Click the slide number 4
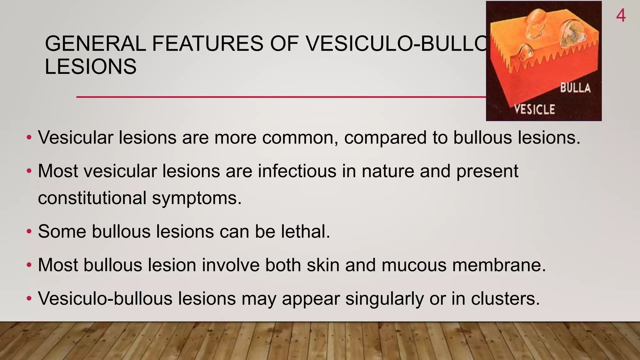pyautogui.click(x=621, y=15)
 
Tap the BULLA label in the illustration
pyautogui.click(x=575, y=88)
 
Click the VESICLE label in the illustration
pyautogui.click(x=535, y=109)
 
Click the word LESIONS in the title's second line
pyautogui.click(x=91, y=67)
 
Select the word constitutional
pyautogui.click(x=92, y=198)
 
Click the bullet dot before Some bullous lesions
pyautogui.click(x=29, y=232)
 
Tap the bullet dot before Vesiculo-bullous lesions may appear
pyautogui.click(x=29, y=299)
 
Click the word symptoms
pyautogui.click(x=197, y=198)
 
